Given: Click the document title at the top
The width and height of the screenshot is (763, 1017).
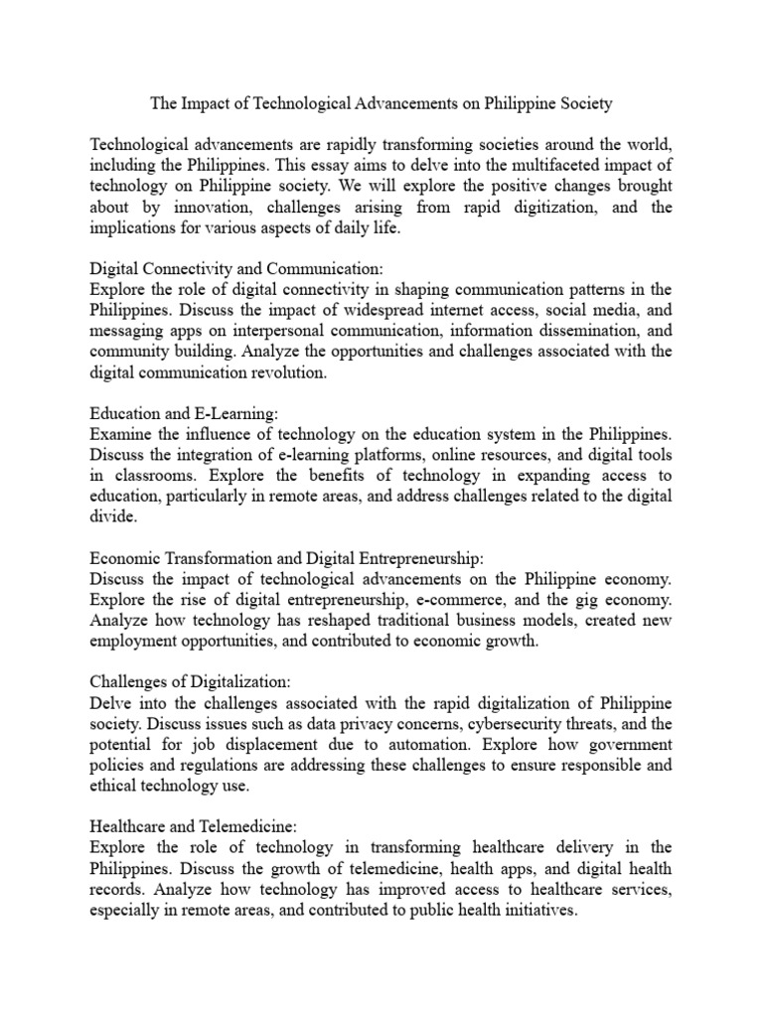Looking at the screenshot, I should (381, 102).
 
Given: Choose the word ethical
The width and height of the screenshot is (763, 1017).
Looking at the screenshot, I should (116, 786).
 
